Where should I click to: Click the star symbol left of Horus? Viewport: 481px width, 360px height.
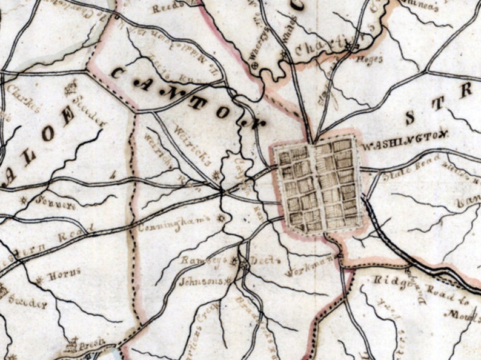[x=41, y=279]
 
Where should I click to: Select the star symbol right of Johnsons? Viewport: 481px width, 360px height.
[x=228, y=281]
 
